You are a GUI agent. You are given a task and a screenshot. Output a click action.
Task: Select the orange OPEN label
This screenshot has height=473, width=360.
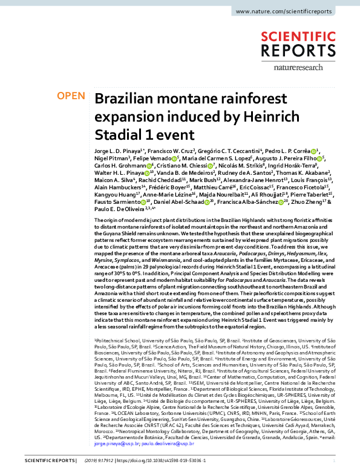70,96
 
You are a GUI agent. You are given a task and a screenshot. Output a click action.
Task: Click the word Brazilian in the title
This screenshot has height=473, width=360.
128,100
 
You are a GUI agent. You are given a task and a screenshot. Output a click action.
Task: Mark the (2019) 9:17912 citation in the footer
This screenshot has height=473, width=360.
80,466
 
